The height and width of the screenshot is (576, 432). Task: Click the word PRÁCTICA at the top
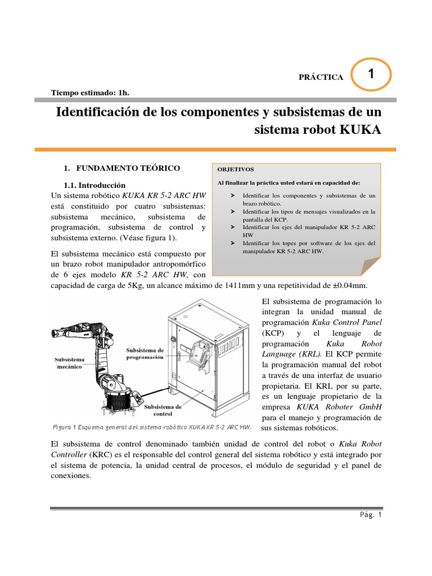click(x=321, y=77)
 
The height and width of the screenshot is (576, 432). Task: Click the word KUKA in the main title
click(x=361, y=130)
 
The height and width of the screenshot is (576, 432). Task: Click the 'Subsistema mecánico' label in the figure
click(x=69, y=362)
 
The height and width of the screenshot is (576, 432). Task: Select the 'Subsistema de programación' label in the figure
click(x=145, y=353)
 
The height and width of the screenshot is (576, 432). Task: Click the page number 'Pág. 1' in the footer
click(x=370, y=514)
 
